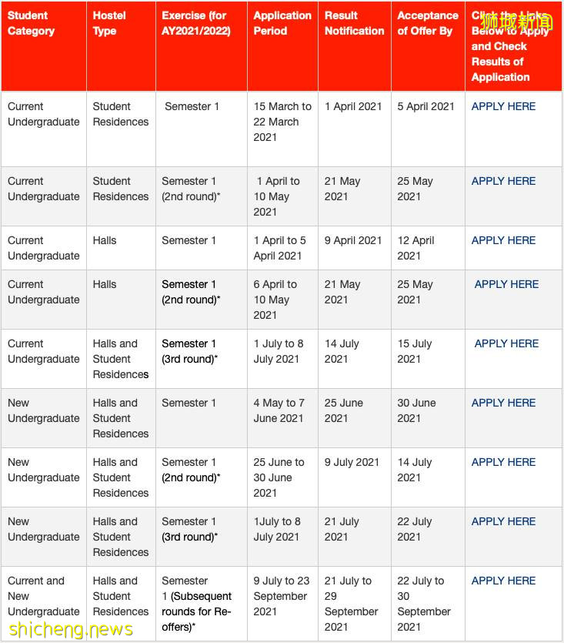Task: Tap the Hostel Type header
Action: pyautogui.click(x=109, y=23)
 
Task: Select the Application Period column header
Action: pyautogui.click(x=282, y=23)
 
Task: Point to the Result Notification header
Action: pyautogui.click(x=354, y=23)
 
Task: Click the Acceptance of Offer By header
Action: pyautogui.click(x=427, y=23)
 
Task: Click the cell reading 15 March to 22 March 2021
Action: pyautogui.click(x=282, y=122)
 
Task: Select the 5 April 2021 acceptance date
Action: pyautogui.click(x=426, y=106)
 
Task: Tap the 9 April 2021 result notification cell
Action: pyautogui.click(x=353, y=240)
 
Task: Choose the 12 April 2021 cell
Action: pyautogui.click(x=415, y=248)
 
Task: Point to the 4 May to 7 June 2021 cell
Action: pyautogui.click(x=279, y=410)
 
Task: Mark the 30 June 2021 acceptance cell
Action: pyautogui.click(x=416, y=410)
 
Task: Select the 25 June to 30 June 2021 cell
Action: pyautogui.click(x=279, y=477)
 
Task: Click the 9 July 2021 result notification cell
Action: pyautogui.click(x=352, y=462)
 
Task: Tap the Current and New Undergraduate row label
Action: pyautogui.click(x=43, y=596)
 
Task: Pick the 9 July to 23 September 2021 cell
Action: pyautogui.click(x=281, y=596)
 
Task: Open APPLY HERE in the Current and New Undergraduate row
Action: pyautogui.click(x=503, y=581)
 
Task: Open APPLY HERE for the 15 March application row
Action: pyautogui.click(x=503, y=106)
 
